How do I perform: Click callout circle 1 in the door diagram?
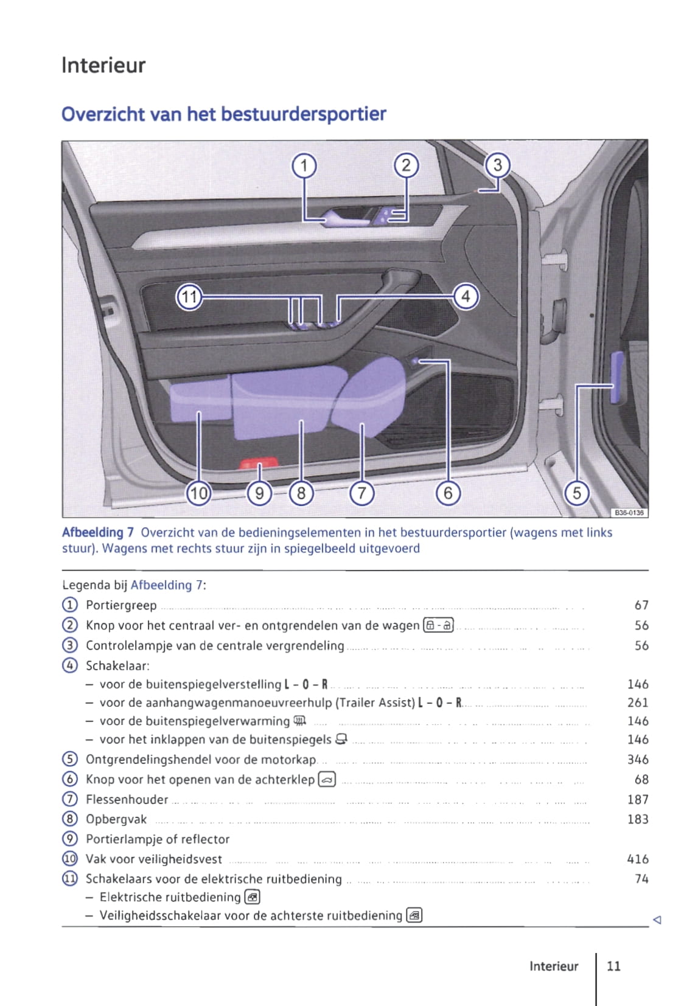pos(304,165)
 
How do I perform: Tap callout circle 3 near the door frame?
pos(497,165)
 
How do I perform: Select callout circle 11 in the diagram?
pos(189,297)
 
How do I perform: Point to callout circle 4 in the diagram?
pos(466,297)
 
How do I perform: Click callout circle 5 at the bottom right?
pos(577,493)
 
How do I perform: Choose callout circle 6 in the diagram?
pos(448,493)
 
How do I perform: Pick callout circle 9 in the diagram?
pos(259,493)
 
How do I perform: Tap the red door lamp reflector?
pos(260,464)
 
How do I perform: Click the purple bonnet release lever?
pos(617,378)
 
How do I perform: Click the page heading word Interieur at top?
pos(103,65)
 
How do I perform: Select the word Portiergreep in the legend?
pos(121,605)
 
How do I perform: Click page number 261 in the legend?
pos(637,702)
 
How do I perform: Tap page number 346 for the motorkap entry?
pos(637,759)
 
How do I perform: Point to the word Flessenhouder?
pos(127,799)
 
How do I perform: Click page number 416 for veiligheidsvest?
pos(637,859)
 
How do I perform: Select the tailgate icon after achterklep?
pos(327,779)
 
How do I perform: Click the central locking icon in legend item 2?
pos(439,625)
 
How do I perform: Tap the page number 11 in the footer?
pos(613,966)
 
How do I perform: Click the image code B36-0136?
pos(629,512)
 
